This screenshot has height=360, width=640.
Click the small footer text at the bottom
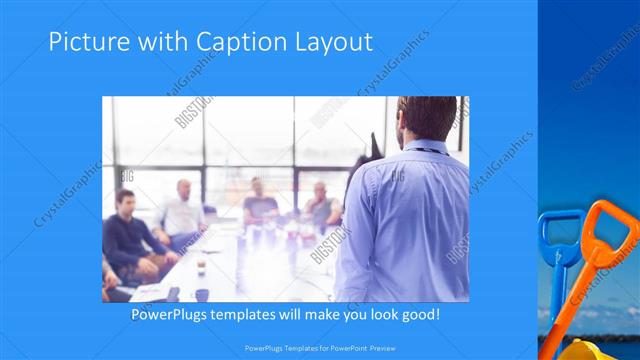320,349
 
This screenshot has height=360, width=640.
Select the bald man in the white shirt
182,210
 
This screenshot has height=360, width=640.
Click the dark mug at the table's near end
202,294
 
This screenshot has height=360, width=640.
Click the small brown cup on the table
200,265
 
